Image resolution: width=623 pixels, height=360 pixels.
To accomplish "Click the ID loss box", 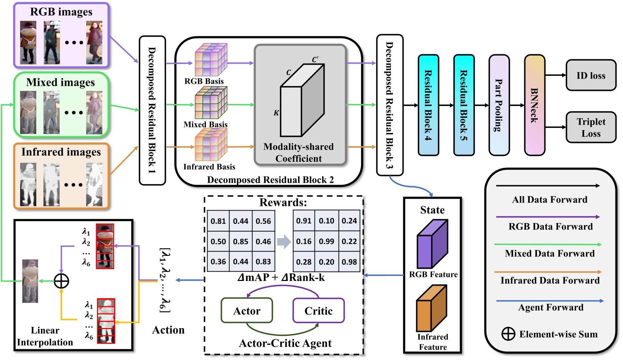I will point(591,75).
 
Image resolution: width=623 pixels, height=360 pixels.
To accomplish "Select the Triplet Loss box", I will point(591,127).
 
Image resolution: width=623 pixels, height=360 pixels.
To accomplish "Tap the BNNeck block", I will point(534,105).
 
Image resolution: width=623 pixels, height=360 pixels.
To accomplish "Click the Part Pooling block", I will point(499,105).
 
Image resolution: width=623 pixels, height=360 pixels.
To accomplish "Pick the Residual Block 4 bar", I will point(428,105).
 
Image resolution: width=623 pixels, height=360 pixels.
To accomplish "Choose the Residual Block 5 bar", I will point(464,105).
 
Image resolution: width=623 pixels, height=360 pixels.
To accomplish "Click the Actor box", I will point(247,311).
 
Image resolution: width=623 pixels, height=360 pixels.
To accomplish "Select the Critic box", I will point(318,311).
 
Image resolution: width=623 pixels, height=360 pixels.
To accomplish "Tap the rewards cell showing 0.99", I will point(326,241).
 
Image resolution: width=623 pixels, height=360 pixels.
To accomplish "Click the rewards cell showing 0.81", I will point(218,221).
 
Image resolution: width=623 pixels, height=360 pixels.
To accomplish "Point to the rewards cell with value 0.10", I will point(326,221).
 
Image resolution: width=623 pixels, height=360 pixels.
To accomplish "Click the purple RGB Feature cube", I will point(432,244).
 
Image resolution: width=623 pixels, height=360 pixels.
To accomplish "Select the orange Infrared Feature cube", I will point(431,308).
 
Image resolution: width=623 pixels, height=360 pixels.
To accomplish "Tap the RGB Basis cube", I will point(210,60).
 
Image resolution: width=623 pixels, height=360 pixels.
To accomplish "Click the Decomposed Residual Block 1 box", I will point(152,110).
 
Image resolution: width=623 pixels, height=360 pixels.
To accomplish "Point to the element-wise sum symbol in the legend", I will point(508,334).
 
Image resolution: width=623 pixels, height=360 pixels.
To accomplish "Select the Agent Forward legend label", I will point(550,308).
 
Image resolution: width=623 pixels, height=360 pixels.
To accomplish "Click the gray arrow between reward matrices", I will point(284,241).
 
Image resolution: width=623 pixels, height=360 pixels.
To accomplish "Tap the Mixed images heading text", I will point(61,82).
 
